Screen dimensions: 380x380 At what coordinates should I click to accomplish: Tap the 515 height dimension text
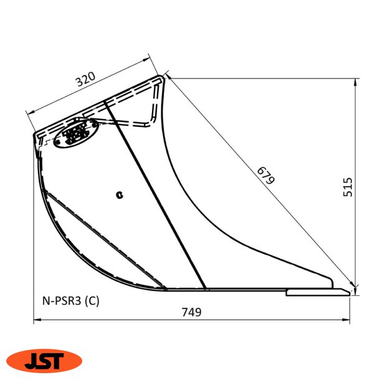pos(348,187)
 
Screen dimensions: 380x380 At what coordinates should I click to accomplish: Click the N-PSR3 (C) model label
pos(67,300)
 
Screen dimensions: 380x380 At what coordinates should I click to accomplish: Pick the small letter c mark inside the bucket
pos(120,195)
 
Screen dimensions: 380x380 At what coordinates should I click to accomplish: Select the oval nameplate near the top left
pos(75,133)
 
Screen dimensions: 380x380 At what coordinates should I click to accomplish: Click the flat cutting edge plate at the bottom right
pos(316,292)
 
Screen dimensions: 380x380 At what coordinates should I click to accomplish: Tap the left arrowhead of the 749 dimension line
pos(37,321)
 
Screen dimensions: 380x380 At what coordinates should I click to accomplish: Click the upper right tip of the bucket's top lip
pos(164,77)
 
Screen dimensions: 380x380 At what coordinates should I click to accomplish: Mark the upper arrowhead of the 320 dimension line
pos(148,60)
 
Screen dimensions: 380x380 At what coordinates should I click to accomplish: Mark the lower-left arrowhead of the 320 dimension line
pos(29,113)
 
